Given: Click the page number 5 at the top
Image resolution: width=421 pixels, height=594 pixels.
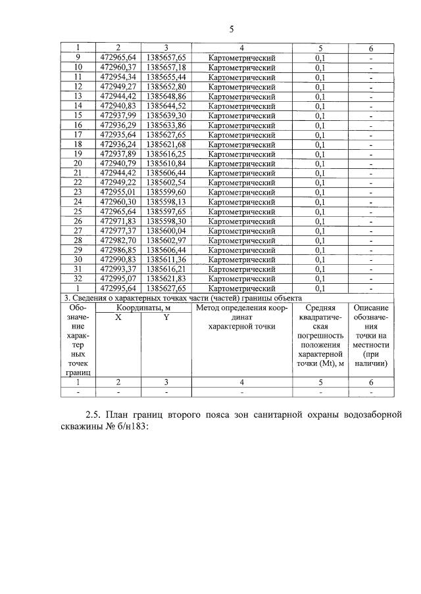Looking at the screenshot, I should pos(231,29).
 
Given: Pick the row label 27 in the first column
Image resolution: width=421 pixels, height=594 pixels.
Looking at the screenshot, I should pos(78,231).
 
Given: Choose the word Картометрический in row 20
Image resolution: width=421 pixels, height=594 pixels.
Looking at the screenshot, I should pos(241,163).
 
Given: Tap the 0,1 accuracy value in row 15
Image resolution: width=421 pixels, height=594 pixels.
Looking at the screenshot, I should pos(320,115).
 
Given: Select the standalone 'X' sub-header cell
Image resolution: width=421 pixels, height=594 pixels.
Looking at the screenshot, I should pos(118,317).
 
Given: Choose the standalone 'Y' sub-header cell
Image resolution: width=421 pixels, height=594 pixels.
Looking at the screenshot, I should pos(166,317).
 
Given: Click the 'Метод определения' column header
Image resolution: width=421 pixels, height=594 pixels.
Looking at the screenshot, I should pos(241,307).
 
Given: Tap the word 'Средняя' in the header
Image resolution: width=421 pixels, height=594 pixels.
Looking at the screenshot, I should pos(320,307).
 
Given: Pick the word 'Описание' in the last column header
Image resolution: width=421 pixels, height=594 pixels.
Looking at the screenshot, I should pos(371,307).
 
